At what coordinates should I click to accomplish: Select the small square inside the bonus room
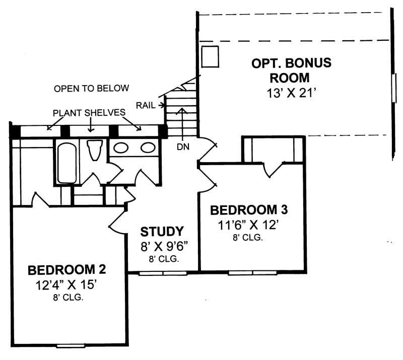pos(210,56)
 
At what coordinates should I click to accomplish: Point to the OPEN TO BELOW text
pos(92,89)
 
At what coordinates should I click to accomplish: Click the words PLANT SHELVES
pos(90,113)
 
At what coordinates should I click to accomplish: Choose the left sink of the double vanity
pos(121,148)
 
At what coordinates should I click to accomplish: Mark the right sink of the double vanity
pos(147,148)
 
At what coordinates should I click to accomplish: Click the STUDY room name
pos(162,232)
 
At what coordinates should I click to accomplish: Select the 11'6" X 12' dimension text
pos(249,225)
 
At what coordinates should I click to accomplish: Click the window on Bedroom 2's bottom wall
pos(71,346)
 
